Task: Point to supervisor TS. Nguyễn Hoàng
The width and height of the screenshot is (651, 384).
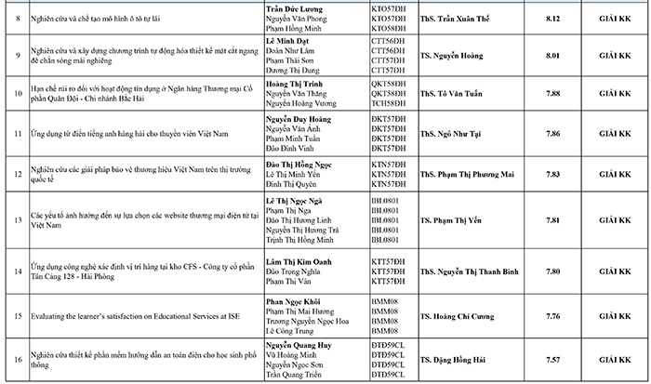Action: [452, 55]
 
